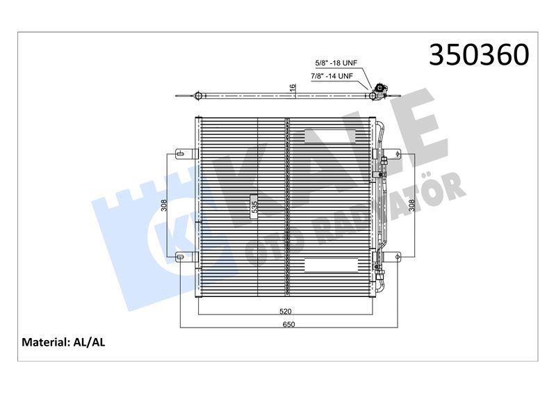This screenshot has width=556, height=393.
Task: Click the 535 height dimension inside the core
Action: (254, 207)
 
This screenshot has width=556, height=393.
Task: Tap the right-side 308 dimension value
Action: (411, 205)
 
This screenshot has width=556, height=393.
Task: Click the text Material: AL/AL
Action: (63, 342)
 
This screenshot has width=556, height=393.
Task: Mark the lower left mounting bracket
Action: (183, 259)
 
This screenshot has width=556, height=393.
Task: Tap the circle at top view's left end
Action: (197, 95)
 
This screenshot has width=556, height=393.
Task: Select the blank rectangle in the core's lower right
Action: (330, 264)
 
